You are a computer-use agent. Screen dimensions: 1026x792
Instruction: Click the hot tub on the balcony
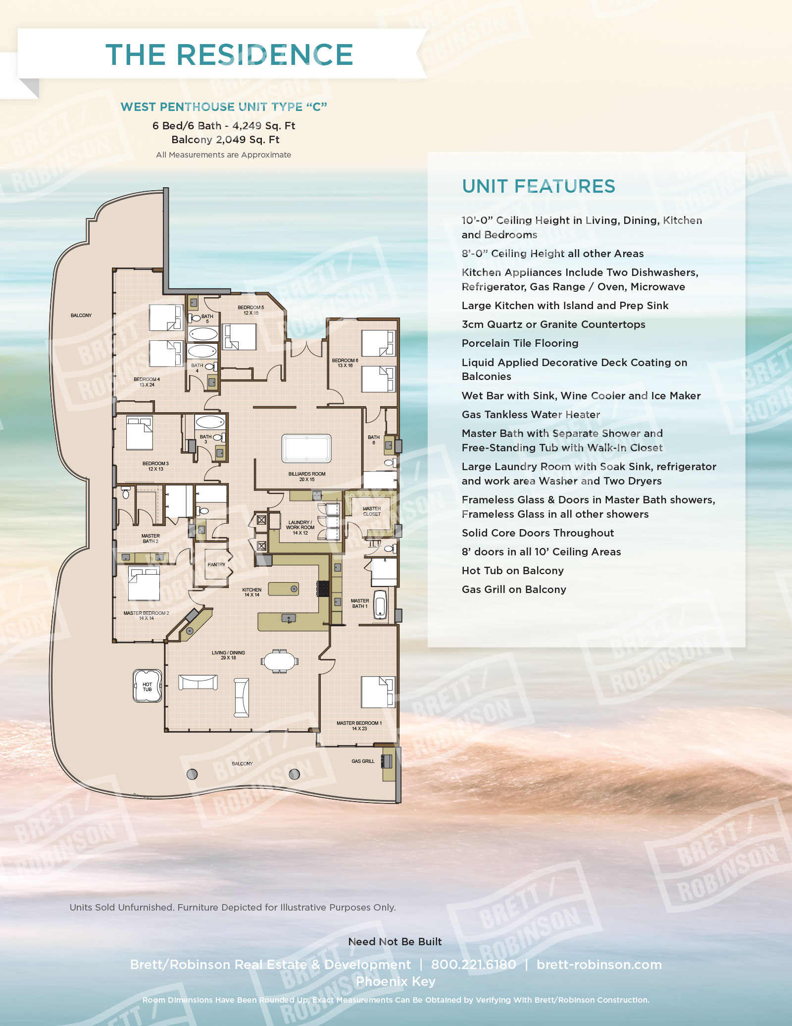click(147, 686)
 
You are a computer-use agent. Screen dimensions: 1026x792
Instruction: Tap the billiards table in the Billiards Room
click(306, 449)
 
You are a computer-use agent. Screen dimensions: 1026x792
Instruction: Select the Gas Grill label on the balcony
click(363, 761)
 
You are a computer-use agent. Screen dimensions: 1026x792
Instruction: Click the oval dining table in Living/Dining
click(280, 661)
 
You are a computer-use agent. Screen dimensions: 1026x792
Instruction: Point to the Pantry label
click(216, 564)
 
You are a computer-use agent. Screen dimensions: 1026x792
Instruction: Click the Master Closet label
click(372, 511)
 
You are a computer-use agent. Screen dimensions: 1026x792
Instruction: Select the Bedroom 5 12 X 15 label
click(250, 310)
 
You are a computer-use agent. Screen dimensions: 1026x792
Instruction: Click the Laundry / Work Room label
click(300, 528)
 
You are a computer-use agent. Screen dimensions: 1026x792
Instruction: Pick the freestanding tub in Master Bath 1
click(380, 605)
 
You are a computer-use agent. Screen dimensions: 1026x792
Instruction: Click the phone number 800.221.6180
click(473, 964)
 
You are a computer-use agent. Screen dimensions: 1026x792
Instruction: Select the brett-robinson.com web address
click(599, 964)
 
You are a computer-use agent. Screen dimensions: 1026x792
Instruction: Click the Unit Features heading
click(538, 186)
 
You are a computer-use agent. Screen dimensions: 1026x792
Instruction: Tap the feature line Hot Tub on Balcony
click(512, 570)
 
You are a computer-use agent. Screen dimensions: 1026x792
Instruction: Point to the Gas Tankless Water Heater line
click(531, 414)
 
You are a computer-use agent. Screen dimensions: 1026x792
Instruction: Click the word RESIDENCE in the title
click(264, 54)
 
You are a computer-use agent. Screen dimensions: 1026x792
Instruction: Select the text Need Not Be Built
click(395, 941)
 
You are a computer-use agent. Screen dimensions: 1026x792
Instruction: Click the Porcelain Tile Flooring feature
click(520, 343)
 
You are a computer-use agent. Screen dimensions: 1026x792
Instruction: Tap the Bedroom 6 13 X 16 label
click(345, 363)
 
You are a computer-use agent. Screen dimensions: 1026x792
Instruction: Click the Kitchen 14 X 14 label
click(251, 592)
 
